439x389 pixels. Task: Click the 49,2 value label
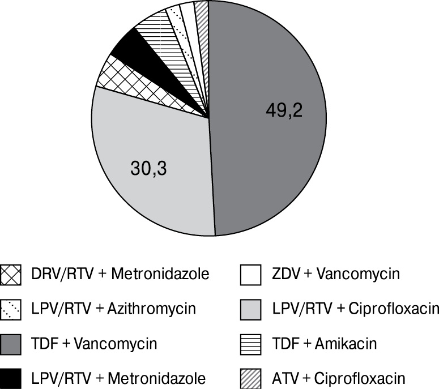[284, 110]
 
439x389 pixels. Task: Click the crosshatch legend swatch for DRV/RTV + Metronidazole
[11, 275]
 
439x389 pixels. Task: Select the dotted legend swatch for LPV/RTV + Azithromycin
[11, 309]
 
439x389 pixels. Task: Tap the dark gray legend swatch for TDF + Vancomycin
[11, 343]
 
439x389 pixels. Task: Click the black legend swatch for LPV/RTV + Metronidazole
[11, 377]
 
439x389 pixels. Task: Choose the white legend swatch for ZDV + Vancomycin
[250, 275]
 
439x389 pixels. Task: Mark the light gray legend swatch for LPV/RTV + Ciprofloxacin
[250, 309]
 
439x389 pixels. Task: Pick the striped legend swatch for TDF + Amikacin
[250, 343]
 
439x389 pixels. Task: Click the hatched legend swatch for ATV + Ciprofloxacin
[250, 377]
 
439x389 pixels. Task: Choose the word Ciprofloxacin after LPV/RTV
[393, 309]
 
